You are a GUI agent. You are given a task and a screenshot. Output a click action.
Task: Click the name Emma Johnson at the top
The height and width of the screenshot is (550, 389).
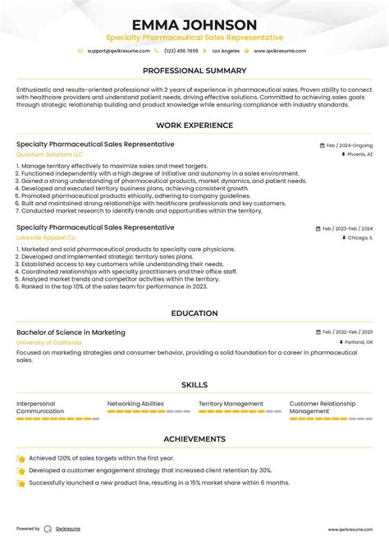tap(194, 25)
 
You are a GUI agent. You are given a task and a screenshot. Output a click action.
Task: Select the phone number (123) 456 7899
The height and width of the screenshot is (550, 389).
tap(181, 51)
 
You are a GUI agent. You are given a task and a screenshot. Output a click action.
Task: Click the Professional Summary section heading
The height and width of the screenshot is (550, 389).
tap(194, 71)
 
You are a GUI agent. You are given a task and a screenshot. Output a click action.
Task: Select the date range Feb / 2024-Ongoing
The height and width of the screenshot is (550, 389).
tap(348, 144)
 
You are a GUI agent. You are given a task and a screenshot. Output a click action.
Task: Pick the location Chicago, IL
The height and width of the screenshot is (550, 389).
tap(357, 237)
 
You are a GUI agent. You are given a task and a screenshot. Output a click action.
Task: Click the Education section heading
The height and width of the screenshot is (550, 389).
tap(194, 314)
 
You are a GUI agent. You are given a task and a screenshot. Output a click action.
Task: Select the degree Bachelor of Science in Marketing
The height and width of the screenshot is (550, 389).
tap(71, 332)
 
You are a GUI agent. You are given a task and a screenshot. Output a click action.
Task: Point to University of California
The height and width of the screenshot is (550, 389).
tap(48, 342)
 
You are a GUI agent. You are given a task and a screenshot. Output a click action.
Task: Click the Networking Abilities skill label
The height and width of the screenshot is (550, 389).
tap(135, 404)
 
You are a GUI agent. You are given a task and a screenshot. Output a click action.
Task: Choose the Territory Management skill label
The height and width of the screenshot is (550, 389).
tap(231, 404)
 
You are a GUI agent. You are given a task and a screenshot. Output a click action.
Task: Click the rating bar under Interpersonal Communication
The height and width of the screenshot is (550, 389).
tap(57, 419)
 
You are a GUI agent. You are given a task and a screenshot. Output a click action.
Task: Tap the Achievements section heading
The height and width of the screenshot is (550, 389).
tap(194, 439)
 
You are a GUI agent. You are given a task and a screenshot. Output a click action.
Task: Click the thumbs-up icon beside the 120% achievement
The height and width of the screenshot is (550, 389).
tap(21, 459)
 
